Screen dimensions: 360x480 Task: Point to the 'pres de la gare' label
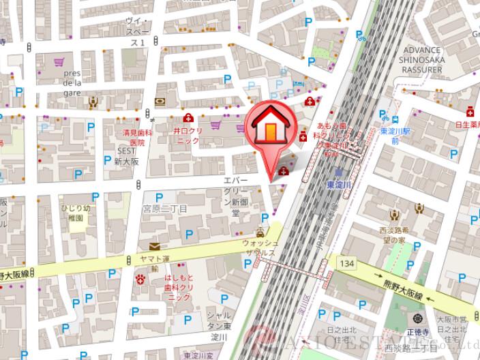point(72,83)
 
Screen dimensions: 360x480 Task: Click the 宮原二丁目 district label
point(165,208)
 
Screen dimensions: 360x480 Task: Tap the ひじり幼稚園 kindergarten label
point(75,212)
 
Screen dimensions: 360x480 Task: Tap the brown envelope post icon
point(155,247)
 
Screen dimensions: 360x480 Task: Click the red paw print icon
point(140,278)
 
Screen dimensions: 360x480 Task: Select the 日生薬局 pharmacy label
point(468,125)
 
